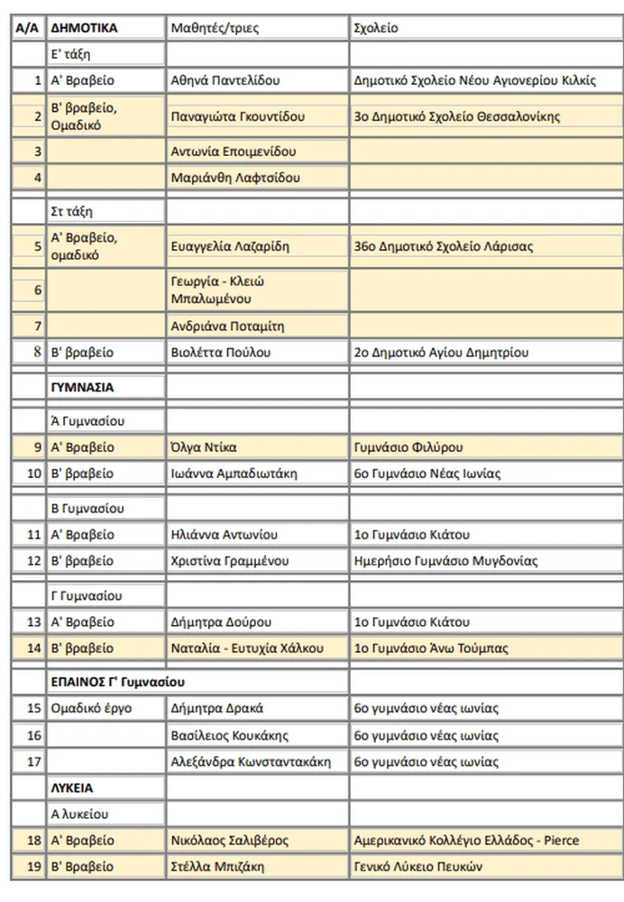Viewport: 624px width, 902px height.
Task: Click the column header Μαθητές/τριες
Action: pos(215,28)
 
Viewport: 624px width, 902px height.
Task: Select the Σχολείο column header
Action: pos(377,28)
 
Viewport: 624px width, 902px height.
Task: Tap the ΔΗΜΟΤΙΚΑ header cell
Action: pos(85,28)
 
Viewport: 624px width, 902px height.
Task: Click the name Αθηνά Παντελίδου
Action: pos(225,80)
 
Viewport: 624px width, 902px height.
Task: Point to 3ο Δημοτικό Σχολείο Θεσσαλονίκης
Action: pos(458,116)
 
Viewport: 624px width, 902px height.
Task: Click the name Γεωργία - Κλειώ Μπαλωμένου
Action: pos(217,290)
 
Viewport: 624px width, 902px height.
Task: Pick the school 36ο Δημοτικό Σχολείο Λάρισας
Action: pos(445,246)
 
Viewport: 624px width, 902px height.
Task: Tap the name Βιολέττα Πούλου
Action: pos(220,353)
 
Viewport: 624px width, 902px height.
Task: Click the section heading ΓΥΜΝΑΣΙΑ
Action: pos(82,388)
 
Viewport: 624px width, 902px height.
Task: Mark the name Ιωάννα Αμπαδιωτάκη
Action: pos(234,474)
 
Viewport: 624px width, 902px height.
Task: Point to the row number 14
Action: pos(34,648)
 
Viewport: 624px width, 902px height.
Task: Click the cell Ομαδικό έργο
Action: pos(92,709)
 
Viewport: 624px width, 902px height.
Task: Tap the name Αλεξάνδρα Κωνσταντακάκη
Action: pos(251,762)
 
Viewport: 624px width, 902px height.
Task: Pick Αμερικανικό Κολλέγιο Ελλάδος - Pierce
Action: pos(467,841)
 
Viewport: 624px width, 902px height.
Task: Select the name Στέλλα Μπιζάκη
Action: pos(217,867)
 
